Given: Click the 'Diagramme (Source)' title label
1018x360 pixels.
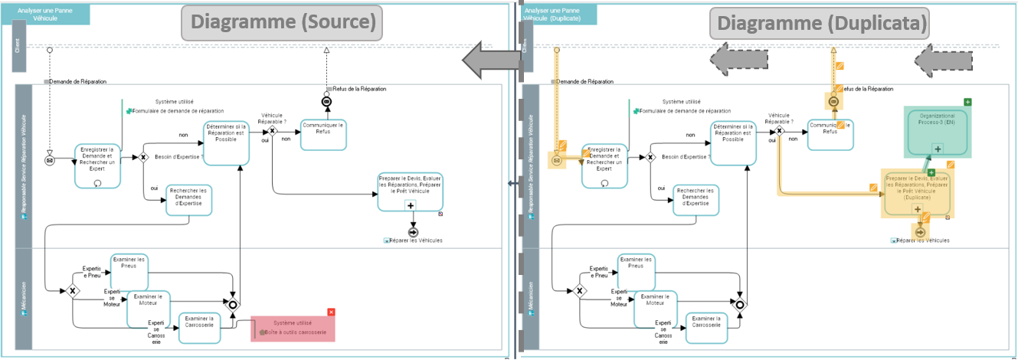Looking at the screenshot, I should [283, 22].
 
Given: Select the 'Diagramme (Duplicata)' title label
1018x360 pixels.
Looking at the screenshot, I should [819, 23].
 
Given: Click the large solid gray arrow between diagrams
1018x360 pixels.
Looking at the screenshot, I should [491, 60].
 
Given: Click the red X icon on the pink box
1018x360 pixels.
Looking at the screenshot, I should [331, 312].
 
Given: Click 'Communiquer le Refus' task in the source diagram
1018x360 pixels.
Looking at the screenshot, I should [323, 129].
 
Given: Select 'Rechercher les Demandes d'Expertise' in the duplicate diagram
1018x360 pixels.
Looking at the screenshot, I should [696, 197].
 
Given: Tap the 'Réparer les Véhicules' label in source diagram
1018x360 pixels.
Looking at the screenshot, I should [416, 241].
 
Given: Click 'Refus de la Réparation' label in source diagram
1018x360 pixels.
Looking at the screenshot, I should [358, 89].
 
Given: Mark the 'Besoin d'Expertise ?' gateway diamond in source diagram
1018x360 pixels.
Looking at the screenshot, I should [142, 157].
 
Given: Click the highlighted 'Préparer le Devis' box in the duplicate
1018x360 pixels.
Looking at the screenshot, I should [917, 191].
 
